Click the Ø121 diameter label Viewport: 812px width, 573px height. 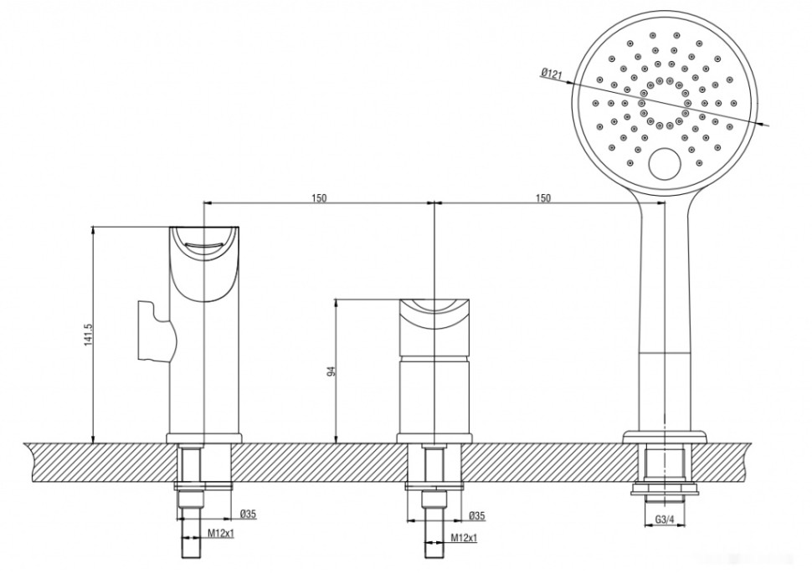click(552, 74)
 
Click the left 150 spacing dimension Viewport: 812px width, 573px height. click(319, 197)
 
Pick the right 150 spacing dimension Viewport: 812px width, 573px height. click(542, 197)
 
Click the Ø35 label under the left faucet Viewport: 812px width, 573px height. click(247, 514)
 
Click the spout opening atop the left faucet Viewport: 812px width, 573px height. click(205, 243)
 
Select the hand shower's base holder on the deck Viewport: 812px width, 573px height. click(664, 436)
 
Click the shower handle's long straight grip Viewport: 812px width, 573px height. click(664, 318)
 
